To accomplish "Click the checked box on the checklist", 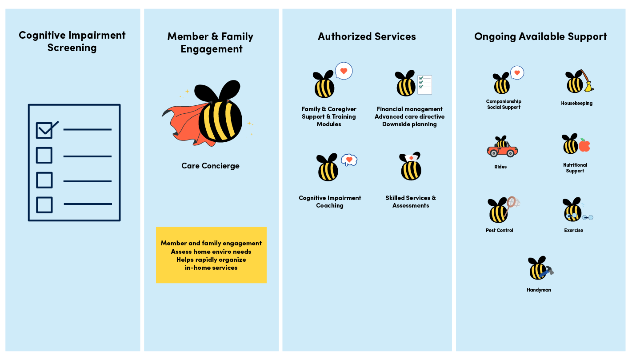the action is pos(44,130).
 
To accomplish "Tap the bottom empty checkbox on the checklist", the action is pos(44,204).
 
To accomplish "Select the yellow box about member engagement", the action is pos(211,255).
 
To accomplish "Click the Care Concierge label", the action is pos(210,166).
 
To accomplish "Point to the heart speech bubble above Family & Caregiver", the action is pos(344,71).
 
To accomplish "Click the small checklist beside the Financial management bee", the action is pos(424,84).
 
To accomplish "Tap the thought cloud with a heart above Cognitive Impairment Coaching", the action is pos(349,160).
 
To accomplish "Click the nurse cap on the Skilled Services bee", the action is pos(410,157).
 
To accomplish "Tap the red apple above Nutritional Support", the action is pos(584,146).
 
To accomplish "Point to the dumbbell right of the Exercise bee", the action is pos(588,218).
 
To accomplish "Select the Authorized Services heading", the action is pos(367,36).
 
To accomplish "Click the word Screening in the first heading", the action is pos(72,48).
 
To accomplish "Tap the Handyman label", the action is pos(539,290).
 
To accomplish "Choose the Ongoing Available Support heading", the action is pos(540,36).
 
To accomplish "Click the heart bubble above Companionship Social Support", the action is pos(517,73).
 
